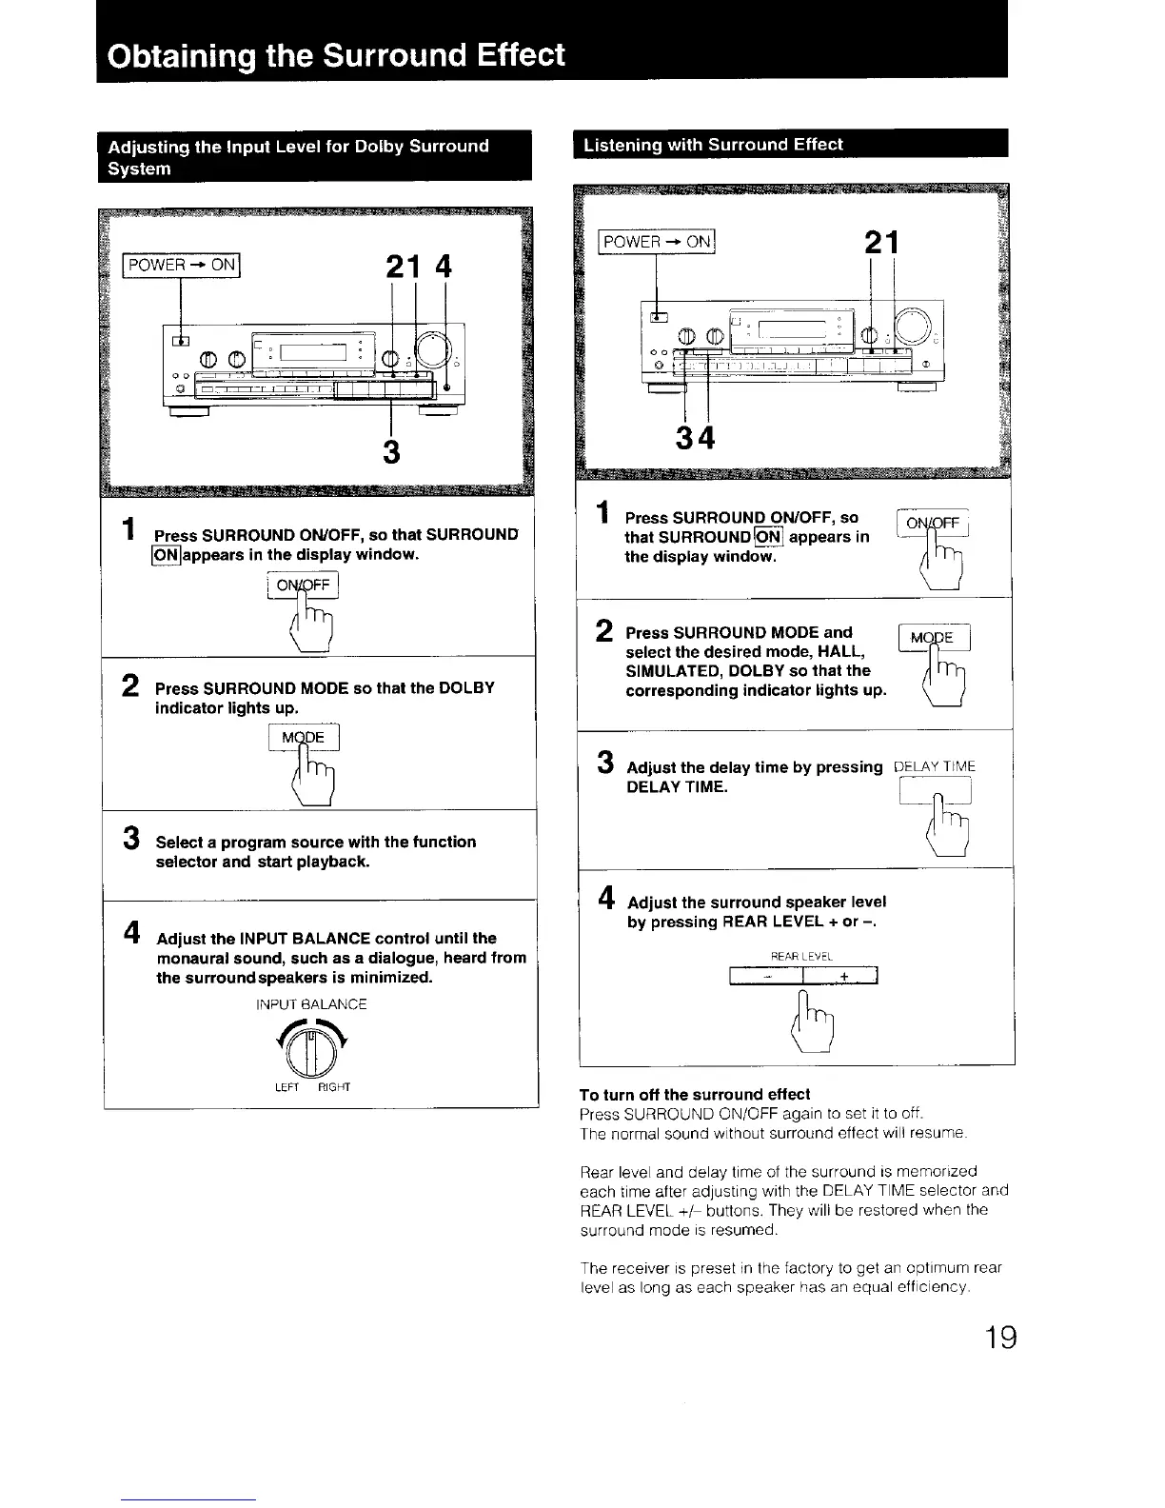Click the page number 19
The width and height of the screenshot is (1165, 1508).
(x=999, y=1338)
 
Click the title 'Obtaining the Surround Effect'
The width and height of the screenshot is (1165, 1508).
(x=337, y=54)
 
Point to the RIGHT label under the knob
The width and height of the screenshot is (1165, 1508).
(x=334, y=1087)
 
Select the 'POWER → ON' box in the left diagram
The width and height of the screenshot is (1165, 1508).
(x=182, y=265)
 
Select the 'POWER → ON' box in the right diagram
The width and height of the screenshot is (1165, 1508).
(x=657, y=242)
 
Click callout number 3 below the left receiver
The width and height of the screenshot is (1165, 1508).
(x=390, y=450)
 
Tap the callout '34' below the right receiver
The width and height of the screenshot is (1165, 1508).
(x=694, y=439)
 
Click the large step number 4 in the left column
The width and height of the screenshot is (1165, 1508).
(x=133, y=931)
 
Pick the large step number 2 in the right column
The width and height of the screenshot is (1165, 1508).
(x=604, y=630)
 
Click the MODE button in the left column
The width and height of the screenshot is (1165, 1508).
(x=305, y=738)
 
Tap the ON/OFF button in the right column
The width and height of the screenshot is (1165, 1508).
(x=933, y=525)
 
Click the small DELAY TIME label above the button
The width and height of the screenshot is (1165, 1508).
(x=935, y=766)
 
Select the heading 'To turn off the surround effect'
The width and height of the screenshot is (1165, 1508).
(x=695, y=1094)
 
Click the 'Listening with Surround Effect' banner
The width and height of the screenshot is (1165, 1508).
(x=714, y=145)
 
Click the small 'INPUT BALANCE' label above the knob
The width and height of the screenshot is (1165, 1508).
(x=311, y=1003)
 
